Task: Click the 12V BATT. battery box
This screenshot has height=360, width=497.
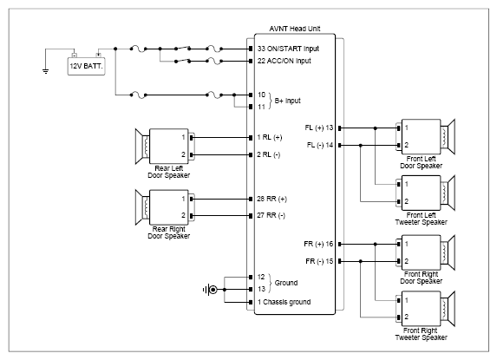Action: point(86,66)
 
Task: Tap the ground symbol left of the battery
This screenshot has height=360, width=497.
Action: point(46,71)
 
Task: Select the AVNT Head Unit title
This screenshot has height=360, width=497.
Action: point(295,29)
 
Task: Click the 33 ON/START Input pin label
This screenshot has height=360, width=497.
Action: point(288,49)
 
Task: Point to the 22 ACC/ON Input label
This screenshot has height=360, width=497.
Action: point(284,61)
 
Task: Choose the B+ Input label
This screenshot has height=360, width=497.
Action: point(287,101)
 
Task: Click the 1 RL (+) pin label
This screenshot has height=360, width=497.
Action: point(270,137)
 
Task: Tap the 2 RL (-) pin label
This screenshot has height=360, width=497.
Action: point(269,154)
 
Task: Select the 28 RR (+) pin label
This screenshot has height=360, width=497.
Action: point(271,199)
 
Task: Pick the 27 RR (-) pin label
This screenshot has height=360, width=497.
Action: point(271,215)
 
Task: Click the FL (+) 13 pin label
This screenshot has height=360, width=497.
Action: point(319,128)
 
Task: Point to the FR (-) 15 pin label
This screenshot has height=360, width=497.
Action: point(319,261)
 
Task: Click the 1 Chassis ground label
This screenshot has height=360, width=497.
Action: point(284,302)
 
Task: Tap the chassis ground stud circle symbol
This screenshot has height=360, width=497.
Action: point(213,290)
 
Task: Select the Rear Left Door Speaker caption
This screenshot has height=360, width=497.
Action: point(168,172)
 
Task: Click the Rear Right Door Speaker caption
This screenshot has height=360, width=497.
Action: point(168,232)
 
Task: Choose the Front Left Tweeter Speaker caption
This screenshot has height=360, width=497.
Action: point(421,219)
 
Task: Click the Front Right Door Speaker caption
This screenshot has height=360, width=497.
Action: point(421,278)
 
